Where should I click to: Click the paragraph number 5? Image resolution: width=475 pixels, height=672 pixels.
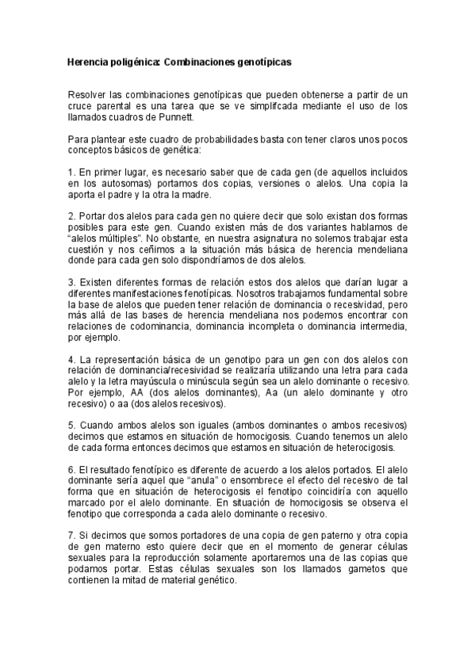click(x=71, y=425)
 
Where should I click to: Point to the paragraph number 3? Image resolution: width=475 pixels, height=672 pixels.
click(x=71, y=281)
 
